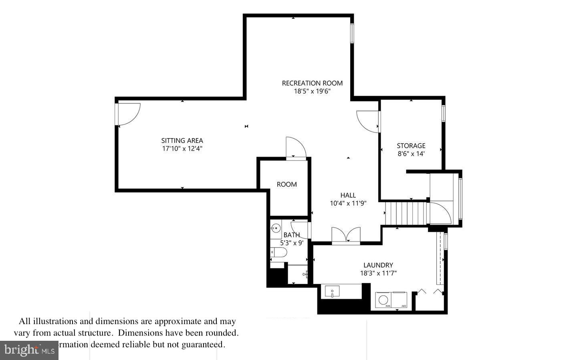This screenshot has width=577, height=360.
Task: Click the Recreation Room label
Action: pos(312,83)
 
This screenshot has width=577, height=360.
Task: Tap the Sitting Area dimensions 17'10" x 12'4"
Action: pos(182,149)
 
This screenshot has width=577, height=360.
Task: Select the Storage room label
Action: pos(411,146)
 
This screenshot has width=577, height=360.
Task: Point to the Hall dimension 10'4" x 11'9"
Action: pos(348,203)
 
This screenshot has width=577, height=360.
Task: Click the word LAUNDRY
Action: pos(378,265)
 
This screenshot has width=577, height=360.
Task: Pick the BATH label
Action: pos(291,235)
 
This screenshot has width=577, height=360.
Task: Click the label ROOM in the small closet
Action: pos(286,185)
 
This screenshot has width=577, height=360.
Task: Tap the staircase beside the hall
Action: pos(406,213)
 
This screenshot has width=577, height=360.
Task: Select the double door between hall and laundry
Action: pos(346,235)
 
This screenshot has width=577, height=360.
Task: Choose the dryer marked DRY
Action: pos(399,300)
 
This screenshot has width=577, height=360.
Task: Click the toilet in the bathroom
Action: pos(279,252)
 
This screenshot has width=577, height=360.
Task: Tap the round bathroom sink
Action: pos(275,229)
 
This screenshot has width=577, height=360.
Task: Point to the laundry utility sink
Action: pos(332,291)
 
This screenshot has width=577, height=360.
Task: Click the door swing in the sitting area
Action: pos(129,113)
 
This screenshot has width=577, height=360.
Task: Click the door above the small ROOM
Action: pos(296,148)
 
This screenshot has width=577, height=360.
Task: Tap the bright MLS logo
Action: pos(29,350)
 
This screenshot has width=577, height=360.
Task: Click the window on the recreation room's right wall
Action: pos(352,33)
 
